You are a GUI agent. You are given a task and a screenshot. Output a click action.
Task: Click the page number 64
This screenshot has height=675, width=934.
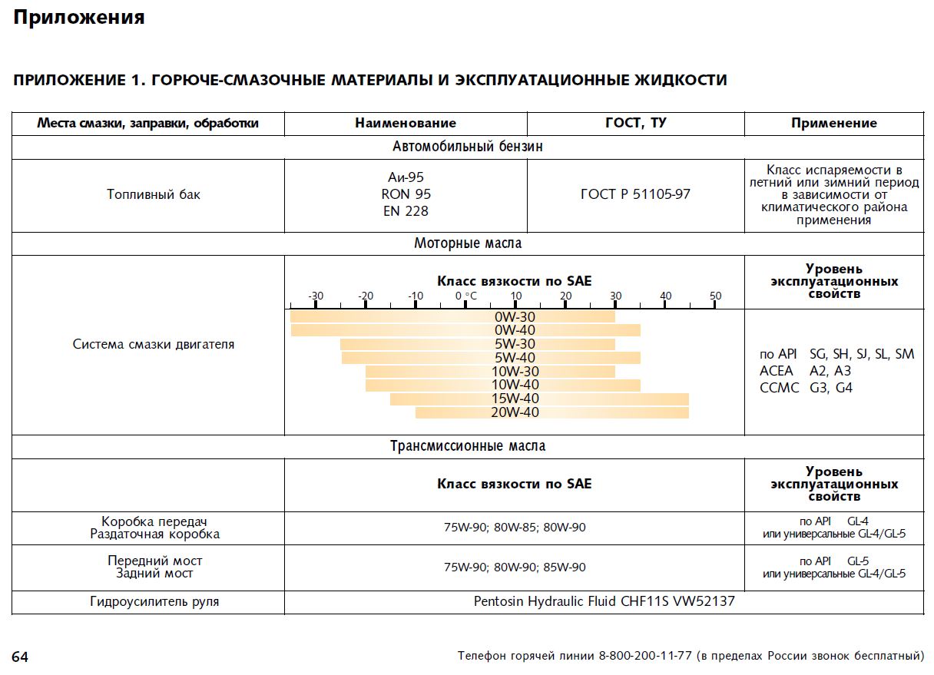tap(20, 657)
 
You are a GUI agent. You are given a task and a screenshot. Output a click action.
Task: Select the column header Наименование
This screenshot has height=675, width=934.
tap(406, 123)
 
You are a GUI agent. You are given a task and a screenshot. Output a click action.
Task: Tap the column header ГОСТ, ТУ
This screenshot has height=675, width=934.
tap(635, 123)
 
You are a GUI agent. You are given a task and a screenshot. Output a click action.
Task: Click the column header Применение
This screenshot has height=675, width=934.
tap(833, 123)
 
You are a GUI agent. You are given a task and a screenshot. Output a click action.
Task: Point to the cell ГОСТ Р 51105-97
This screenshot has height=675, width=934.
tap(635, 194)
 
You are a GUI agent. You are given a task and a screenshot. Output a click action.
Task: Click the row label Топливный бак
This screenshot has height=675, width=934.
tap(153, 194)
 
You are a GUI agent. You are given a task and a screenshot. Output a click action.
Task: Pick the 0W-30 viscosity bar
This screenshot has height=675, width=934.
tap(452, 316)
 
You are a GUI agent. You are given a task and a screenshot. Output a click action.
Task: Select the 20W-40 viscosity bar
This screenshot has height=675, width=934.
tap(551, 412)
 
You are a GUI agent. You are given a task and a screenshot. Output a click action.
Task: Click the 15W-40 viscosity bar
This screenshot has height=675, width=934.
tap(538, 399)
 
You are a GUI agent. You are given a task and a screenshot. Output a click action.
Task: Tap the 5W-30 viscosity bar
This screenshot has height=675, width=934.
tap(477, 344)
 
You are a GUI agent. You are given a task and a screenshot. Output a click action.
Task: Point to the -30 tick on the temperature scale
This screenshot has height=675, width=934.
tap(315, 296)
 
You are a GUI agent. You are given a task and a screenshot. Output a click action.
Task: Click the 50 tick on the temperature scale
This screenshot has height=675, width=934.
tap(715, 296)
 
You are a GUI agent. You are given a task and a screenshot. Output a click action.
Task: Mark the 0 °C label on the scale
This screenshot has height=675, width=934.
tap(466, 296)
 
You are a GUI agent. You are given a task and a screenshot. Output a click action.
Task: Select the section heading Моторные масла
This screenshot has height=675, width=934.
tap(467, 243)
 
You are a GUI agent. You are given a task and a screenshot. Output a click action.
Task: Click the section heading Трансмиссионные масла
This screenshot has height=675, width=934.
tap(467, 446)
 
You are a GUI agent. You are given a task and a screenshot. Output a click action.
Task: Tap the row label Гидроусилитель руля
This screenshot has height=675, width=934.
tap(154, 601)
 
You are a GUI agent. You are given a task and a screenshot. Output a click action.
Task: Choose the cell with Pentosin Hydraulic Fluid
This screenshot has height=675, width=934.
tap(604, 601)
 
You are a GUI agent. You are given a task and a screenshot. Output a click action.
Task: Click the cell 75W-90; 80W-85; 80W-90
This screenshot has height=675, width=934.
tap(514, 528)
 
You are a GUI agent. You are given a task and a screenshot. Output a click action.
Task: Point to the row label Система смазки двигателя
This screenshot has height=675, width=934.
tap(153, 344)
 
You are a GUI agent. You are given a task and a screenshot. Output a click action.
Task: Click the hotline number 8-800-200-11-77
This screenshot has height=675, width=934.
tap(645, 657)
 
